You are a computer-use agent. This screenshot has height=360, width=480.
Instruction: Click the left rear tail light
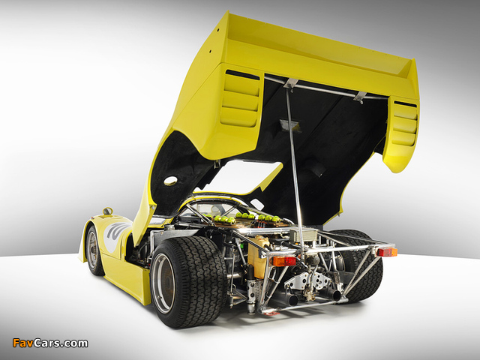(283, 261)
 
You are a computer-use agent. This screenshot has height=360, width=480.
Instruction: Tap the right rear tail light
(387, 252)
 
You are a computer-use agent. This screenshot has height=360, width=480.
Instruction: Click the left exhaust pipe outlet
(292, 300)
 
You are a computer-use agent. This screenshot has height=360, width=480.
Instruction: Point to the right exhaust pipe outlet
(335, 295)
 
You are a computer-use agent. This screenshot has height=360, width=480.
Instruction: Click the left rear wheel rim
(163, 283)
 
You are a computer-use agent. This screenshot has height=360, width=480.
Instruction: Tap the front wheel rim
(91, 250)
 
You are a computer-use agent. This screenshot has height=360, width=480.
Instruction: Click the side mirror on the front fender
(107, 211)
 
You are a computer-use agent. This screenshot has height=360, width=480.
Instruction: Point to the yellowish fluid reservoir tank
(257, 258)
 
